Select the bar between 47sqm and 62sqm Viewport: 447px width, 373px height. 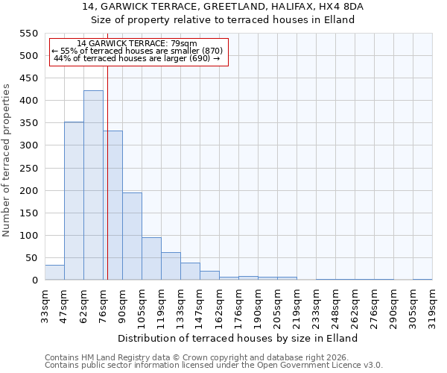tap(74, 201)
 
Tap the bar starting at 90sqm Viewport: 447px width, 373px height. tap(132, 236)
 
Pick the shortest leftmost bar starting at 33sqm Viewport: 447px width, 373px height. tap(54, 273)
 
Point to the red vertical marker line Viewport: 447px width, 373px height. tap(107, 172)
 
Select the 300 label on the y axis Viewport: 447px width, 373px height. tap(28, 145)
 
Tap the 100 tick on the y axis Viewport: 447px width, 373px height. tap(28, 236)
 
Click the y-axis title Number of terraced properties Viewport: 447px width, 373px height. tap(7, 160)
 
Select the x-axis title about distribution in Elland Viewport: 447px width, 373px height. tap(238, 338)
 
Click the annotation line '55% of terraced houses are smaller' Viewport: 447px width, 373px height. tap(138, 51)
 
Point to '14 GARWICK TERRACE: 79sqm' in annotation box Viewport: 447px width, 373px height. tap(137, 44)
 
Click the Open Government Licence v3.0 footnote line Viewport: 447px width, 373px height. tap(214, 366)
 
